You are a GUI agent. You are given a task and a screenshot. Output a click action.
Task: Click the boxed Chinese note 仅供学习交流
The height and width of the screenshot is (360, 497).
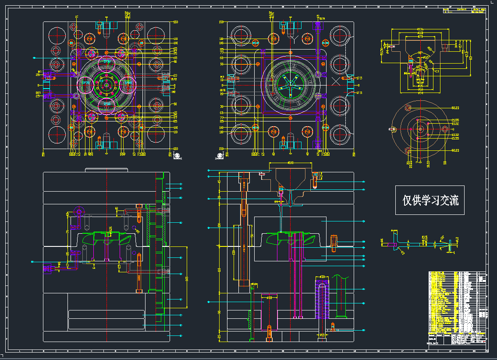(430, 200)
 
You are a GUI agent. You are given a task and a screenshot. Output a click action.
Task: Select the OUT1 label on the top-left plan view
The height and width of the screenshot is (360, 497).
(38, 93)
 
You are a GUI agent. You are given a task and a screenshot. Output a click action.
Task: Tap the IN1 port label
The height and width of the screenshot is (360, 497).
(39, 71)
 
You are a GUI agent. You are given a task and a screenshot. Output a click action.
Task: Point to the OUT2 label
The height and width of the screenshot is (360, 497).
(174, 79)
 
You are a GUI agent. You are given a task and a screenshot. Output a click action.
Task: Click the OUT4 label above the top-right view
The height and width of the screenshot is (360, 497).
(322, 18)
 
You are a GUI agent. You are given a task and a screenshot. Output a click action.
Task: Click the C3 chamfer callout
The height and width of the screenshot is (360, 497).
(437, 70)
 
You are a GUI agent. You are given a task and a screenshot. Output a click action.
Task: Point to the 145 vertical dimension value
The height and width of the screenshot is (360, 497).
(187, 278)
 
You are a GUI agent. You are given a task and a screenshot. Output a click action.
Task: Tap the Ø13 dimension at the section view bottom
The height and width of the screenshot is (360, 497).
(322, 335)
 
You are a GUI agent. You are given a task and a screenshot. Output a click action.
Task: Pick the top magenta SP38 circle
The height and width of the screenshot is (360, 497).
(106, 63)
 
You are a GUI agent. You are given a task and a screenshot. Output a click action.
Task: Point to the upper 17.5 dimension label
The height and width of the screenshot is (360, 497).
(359, 78)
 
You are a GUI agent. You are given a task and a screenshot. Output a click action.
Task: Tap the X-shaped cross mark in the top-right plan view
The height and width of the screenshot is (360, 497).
(337, 81)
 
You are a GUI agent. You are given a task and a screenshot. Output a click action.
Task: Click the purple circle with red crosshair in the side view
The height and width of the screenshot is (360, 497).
(78, 212)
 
